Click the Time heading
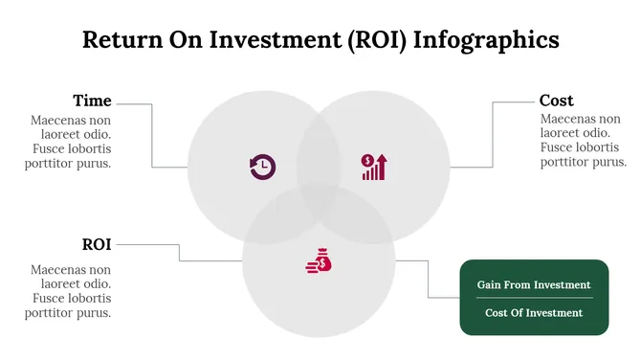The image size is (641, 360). point(92,101)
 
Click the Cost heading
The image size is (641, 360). point(557,101)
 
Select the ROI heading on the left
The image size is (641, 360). point(97,244)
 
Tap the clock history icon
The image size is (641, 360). point(262,168)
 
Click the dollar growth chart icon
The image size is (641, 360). point(373,167)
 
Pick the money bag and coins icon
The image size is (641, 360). point(319,259)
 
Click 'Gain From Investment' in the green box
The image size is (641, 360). point(534,284)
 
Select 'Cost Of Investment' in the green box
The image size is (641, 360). point(534,312)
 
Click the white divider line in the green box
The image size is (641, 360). point(534,298)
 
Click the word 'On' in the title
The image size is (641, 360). point(183,39)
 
